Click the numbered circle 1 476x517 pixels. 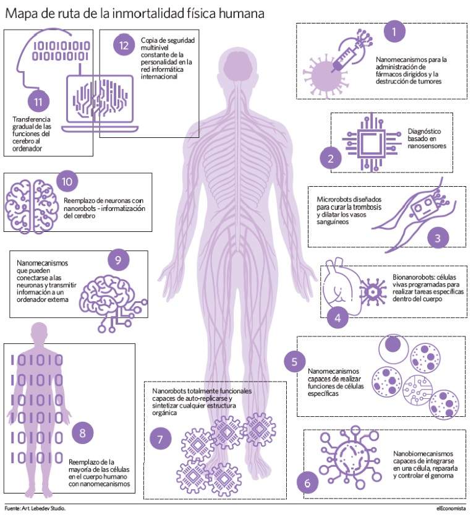click(x=394, y=32)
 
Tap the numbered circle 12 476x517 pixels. click(x=124, y=45)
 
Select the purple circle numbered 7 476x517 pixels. click(x=160, y=439)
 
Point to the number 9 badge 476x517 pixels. click(x=118, y=260)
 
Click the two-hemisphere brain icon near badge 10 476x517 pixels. click(x=32, y=206)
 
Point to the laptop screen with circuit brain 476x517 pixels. click(x=100, y=98)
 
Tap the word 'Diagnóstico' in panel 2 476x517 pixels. click(x=424, y=131)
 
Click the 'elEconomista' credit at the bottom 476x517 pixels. click(x=451, y=508)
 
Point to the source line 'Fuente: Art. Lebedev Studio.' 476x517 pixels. click(x=35, y=508)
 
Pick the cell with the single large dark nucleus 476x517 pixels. click(x=393, y=349)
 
